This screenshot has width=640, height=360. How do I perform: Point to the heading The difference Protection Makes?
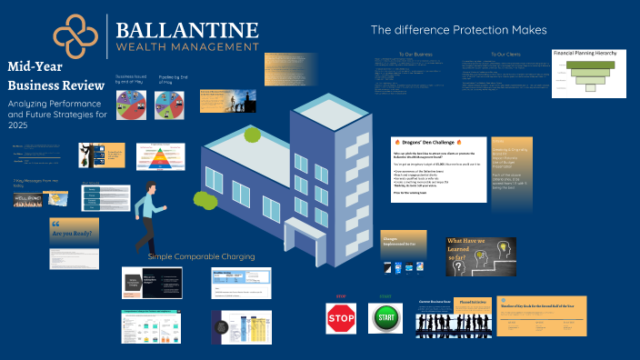tap(459, 30)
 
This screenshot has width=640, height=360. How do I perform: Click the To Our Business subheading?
tap(412, 55)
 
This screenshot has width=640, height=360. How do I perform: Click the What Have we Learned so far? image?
tap(481, 255)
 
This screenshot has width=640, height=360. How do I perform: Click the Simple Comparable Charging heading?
tap(201, 256)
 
